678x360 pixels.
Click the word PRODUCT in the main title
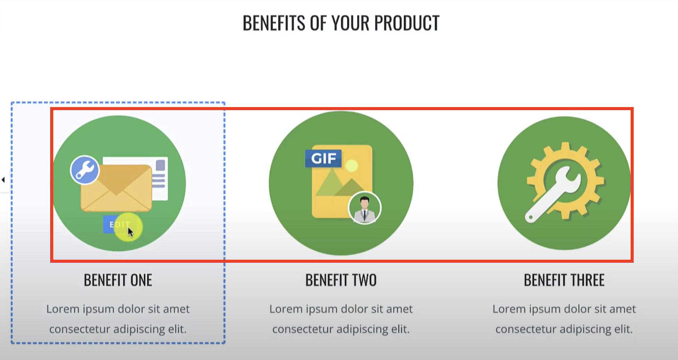pyautogui.click(x=407, y=23)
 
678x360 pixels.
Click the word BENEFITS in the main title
pyautogui.click(x=274, y=23)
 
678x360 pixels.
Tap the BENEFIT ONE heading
pyautogui.click(x=118, y=280)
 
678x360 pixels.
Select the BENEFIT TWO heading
pyautogui.click(x=341, y=280)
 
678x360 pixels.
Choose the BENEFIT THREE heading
pyautogui.click(x=564, y=280)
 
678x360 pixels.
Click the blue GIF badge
pyautogui.click(x=323, y=158)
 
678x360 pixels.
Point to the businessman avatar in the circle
pyautogui.click(x=365, y=208)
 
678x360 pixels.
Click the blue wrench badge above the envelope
pyautogui.click(x=85, y=170)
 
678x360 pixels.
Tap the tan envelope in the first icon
pyautogui.click(x=116, y=188)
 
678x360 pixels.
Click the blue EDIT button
pyautogui.click(x=115, y=224)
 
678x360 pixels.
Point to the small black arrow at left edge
pyautogui.click(x=3, y=180)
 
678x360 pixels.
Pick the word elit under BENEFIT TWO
pyautogui.click(x=400, y=329)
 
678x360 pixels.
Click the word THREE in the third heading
pyautogui.click(x=587, y=280)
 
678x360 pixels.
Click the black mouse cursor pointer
pyautogui.click(x=131, y=232)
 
